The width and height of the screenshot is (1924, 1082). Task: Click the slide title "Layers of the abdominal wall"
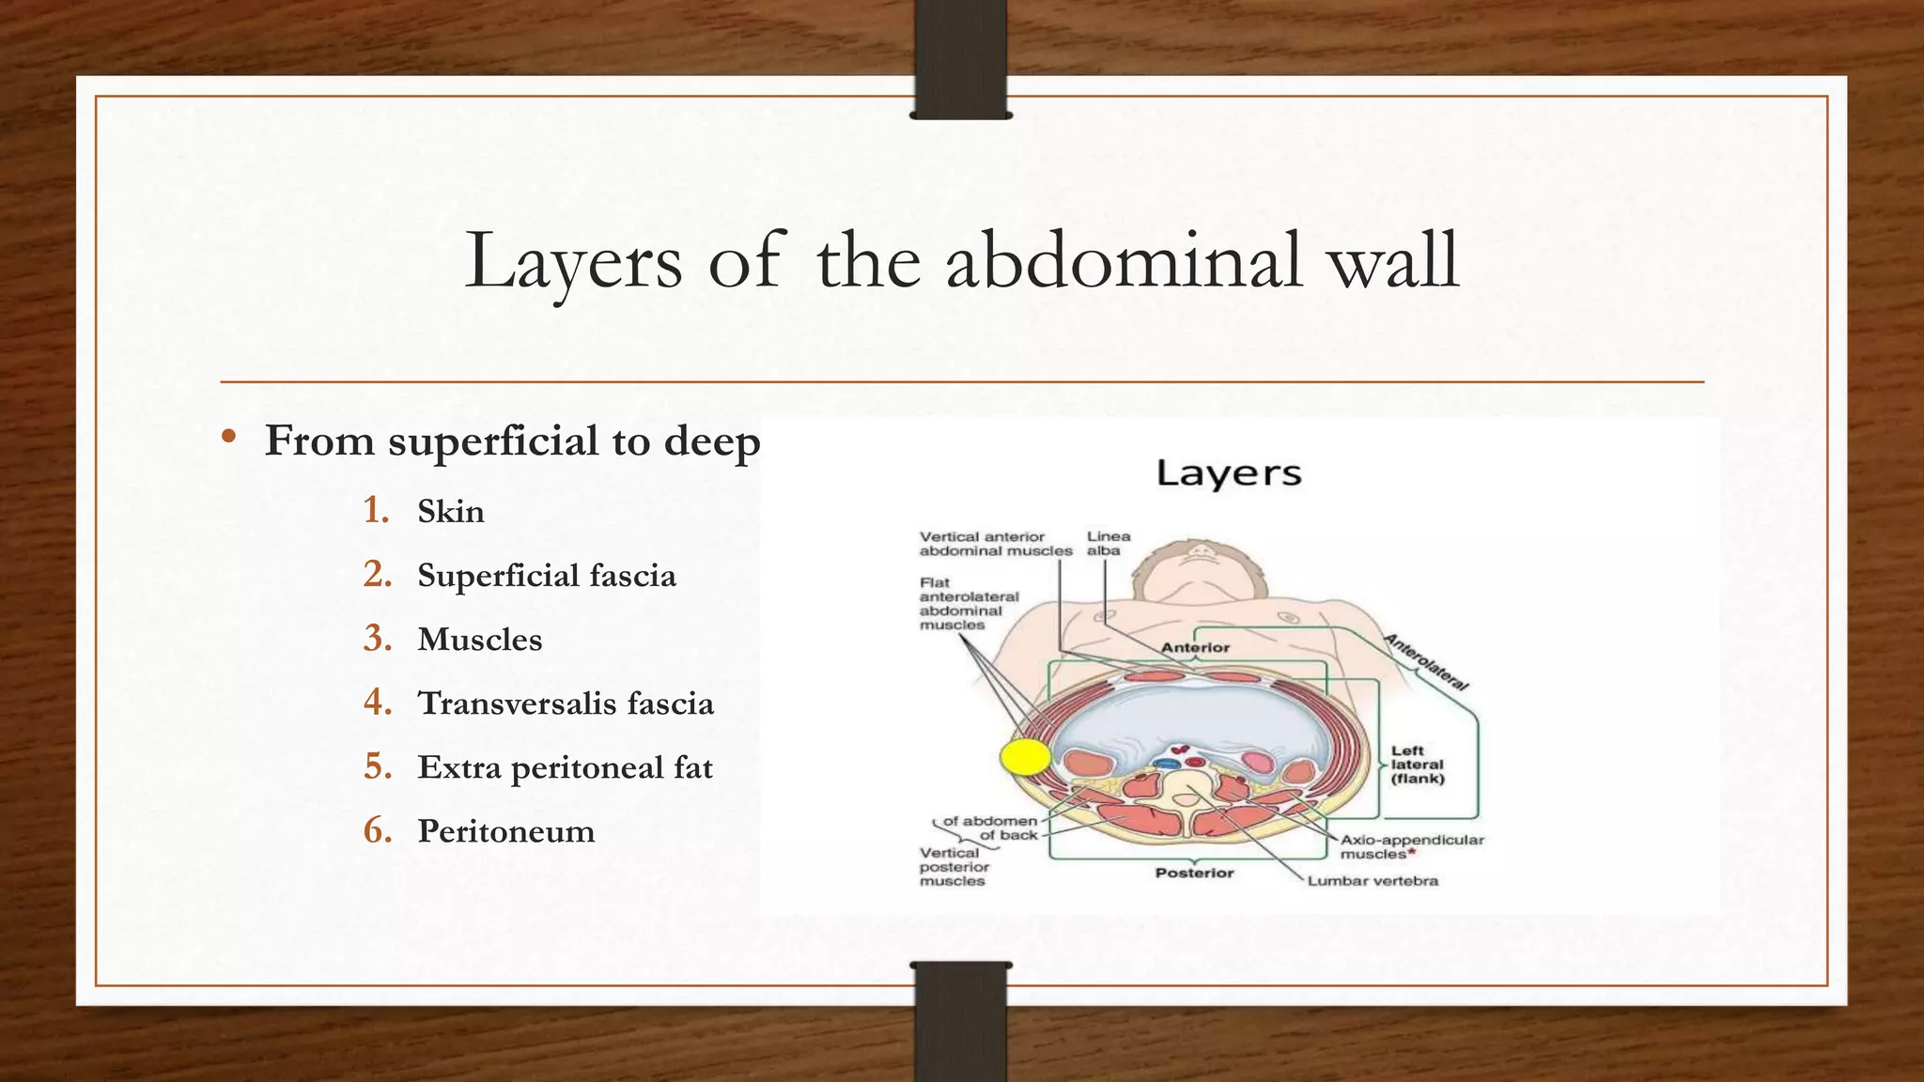click(962, 260)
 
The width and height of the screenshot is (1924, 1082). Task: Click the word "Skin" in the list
click(451, 512)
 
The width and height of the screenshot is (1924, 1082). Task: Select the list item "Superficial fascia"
click(546, 576)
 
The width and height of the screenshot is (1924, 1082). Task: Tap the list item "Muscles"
click(479, 640)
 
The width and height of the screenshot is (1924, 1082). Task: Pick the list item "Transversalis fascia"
click(565, 703)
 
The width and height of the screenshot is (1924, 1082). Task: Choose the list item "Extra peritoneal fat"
click(565, 767)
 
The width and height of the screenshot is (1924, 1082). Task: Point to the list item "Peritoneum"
click(505, 831)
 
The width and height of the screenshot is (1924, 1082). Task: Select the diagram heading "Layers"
click(1229, 473)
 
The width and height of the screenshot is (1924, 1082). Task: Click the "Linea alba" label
click(1108, 543)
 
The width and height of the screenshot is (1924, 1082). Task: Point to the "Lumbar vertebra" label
click(1373, 881)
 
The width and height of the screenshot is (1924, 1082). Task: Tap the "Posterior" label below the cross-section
click(1194, 873)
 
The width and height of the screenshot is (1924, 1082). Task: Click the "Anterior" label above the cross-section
click(1195, 647)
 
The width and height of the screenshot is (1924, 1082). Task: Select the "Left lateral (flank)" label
click(1418, 765)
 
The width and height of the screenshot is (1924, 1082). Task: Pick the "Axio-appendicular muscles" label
click(1411, 846)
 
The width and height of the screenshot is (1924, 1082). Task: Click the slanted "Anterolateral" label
click(1426, 662)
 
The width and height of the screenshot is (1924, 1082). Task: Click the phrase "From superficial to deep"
click(512, 441)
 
